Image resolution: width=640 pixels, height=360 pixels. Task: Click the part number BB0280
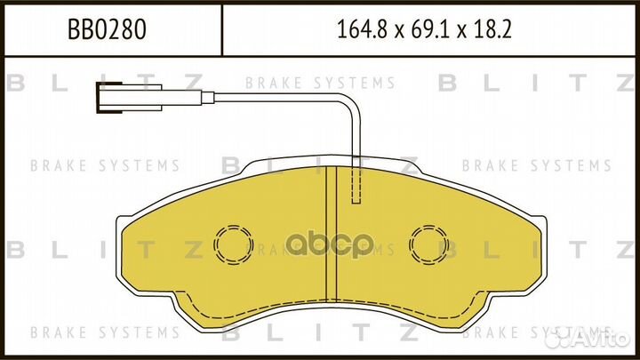coord(107,28)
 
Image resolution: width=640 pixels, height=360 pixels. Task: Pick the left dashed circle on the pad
coord(233,241)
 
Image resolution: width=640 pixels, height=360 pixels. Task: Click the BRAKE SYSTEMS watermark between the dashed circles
coord(331,249)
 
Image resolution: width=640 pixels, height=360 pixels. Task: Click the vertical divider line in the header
coord(220,28)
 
